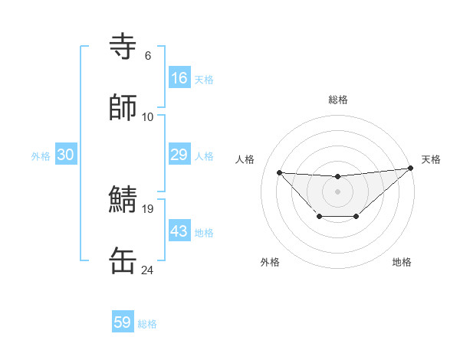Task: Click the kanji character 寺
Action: (123, 47)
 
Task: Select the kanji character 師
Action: (123, 107)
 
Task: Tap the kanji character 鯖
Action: (123, 199)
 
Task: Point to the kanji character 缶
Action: (123, 260)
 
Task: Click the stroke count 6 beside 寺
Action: (147, 55)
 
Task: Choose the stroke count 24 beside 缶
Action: (147, 270)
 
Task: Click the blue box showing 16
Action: (179, 77)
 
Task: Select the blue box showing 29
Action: (179, 155)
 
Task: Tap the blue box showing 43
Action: (179, 231)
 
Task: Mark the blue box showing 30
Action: (66, 155)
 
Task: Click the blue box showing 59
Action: (123, 322)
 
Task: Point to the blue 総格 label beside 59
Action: (147, 324)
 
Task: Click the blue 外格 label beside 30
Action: (41, 156)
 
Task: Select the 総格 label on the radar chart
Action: (338, 100)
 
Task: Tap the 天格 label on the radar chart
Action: (431, 159)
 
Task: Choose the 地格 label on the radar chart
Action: (402, 262)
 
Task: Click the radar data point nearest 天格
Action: (411, 168)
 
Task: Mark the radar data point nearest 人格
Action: (280, 172)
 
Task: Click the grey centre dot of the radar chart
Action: (337, 191)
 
